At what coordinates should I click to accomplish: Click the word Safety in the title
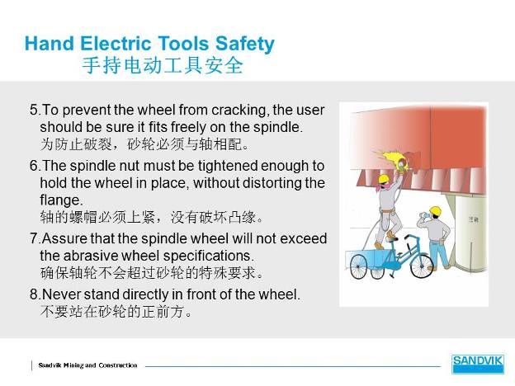pos(244,45)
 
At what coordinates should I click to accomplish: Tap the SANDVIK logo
pos(477,364)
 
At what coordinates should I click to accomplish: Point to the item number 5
pos(34,110)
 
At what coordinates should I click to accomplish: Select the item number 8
pos(34,294)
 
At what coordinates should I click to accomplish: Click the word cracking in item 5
pos(239,111)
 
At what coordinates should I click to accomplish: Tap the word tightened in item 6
pos(229,166)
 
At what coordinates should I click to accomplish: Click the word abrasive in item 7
pos(90,256)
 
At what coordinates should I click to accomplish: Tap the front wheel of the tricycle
pos(422,266)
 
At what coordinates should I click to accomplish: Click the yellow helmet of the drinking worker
pos(435,210)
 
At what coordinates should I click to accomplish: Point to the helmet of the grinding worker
pos(383,178)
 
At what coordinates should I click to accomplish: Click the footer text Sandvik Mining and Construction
pos(87,365)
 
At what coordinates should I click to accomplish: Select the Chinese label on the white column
pos(473,219)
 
